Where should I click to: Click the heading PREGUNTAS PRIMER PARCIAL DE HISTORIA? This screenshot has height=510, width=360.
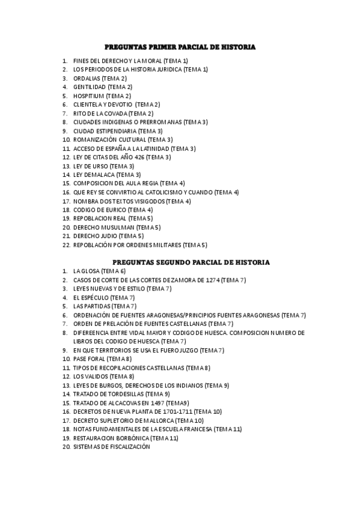click(180, 46)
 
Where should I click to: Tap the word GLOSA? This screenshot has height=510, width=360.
click(90, 271)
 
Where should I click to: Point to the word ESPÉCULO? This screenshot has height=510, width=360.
click(95, 298)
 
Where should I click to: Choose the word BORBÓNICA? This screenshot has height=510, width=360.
click(130, 438)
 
